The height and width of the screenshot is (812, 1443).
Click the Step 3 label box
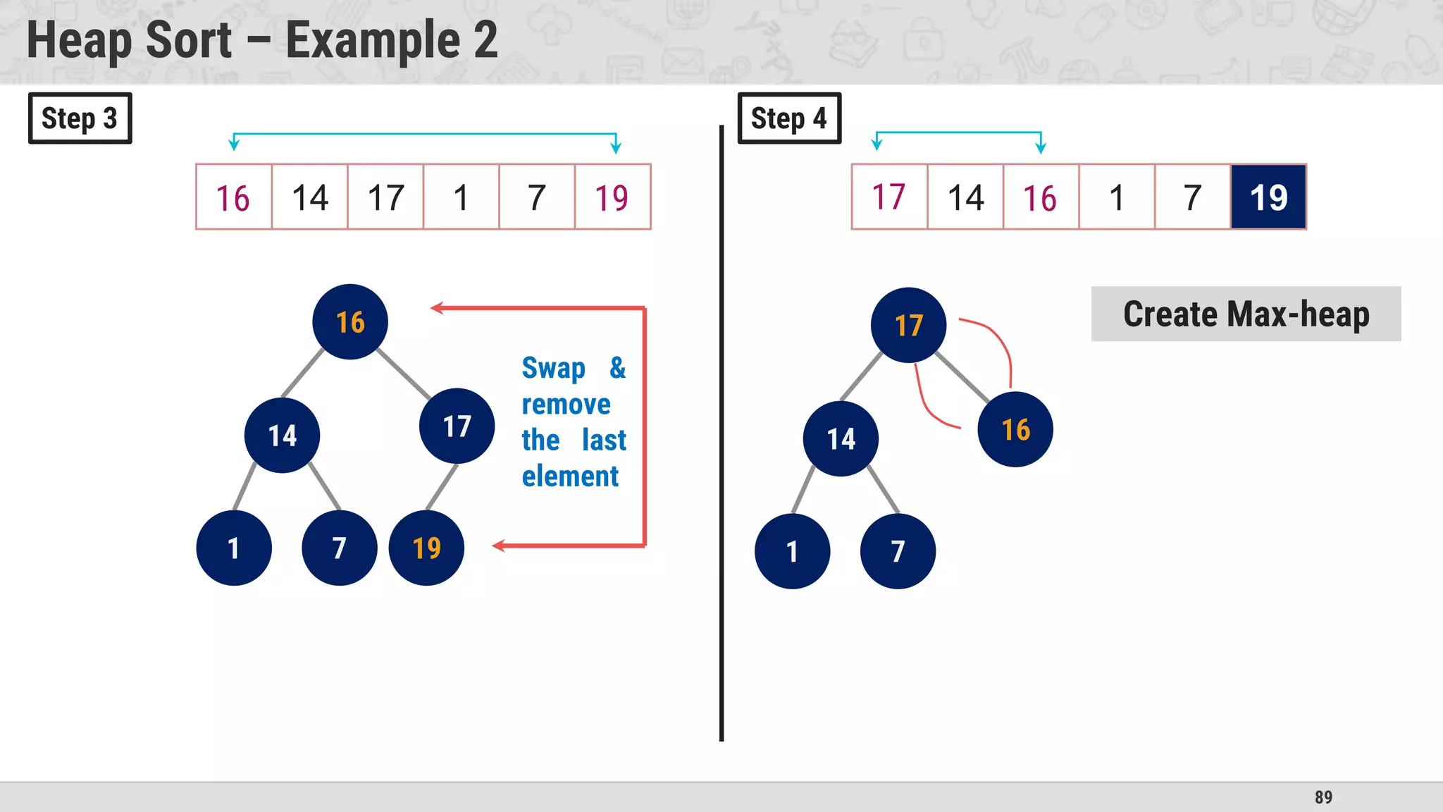point(80,118)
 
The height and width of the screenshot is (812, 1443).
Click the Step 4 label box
point(789,118)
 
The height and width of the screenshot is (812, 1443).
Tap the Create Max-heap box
point(1246,314)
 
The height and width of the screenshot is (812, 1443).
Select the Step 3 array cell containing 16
point(233,197)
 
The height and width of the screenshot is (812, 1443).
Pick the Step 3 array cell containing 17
point(385,197)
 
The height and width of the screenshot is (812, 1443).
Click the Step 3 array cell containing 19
point(612,197)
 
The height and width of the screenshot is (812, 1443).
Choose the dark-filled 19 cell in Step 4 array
point(1268,197)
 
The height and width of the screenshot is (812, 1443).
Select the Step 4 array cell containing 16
point(1040,197)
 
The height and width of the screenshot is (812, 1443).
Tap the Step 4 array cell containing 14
point(965,197)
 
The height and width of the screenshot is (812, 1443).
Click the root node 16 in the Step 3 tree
point(350,322)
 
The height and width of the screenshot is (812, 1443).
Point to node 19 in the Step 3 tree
point(426,548)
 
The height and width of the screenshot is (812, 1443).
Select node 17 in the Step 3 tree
point(457,426)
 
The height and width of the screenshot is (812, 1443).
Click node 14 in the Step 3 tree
point(282,436)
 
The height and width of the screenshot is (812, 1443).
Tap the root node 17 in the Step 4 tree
point(908,326)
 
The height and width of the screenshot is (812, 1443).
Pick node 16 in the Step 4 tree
point(1015,429)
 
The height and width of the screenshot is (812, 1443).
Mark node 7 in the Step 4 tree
point(898,551)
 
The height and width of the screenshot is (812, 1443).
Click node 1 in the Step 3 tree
point(234,548)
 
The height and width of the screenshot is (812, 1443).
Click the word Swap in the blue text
point(554,368)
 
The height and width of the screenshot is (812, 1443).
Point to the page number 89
point(1323,797)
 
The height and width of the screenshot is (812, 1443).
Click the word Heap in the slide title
point(80,40)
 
